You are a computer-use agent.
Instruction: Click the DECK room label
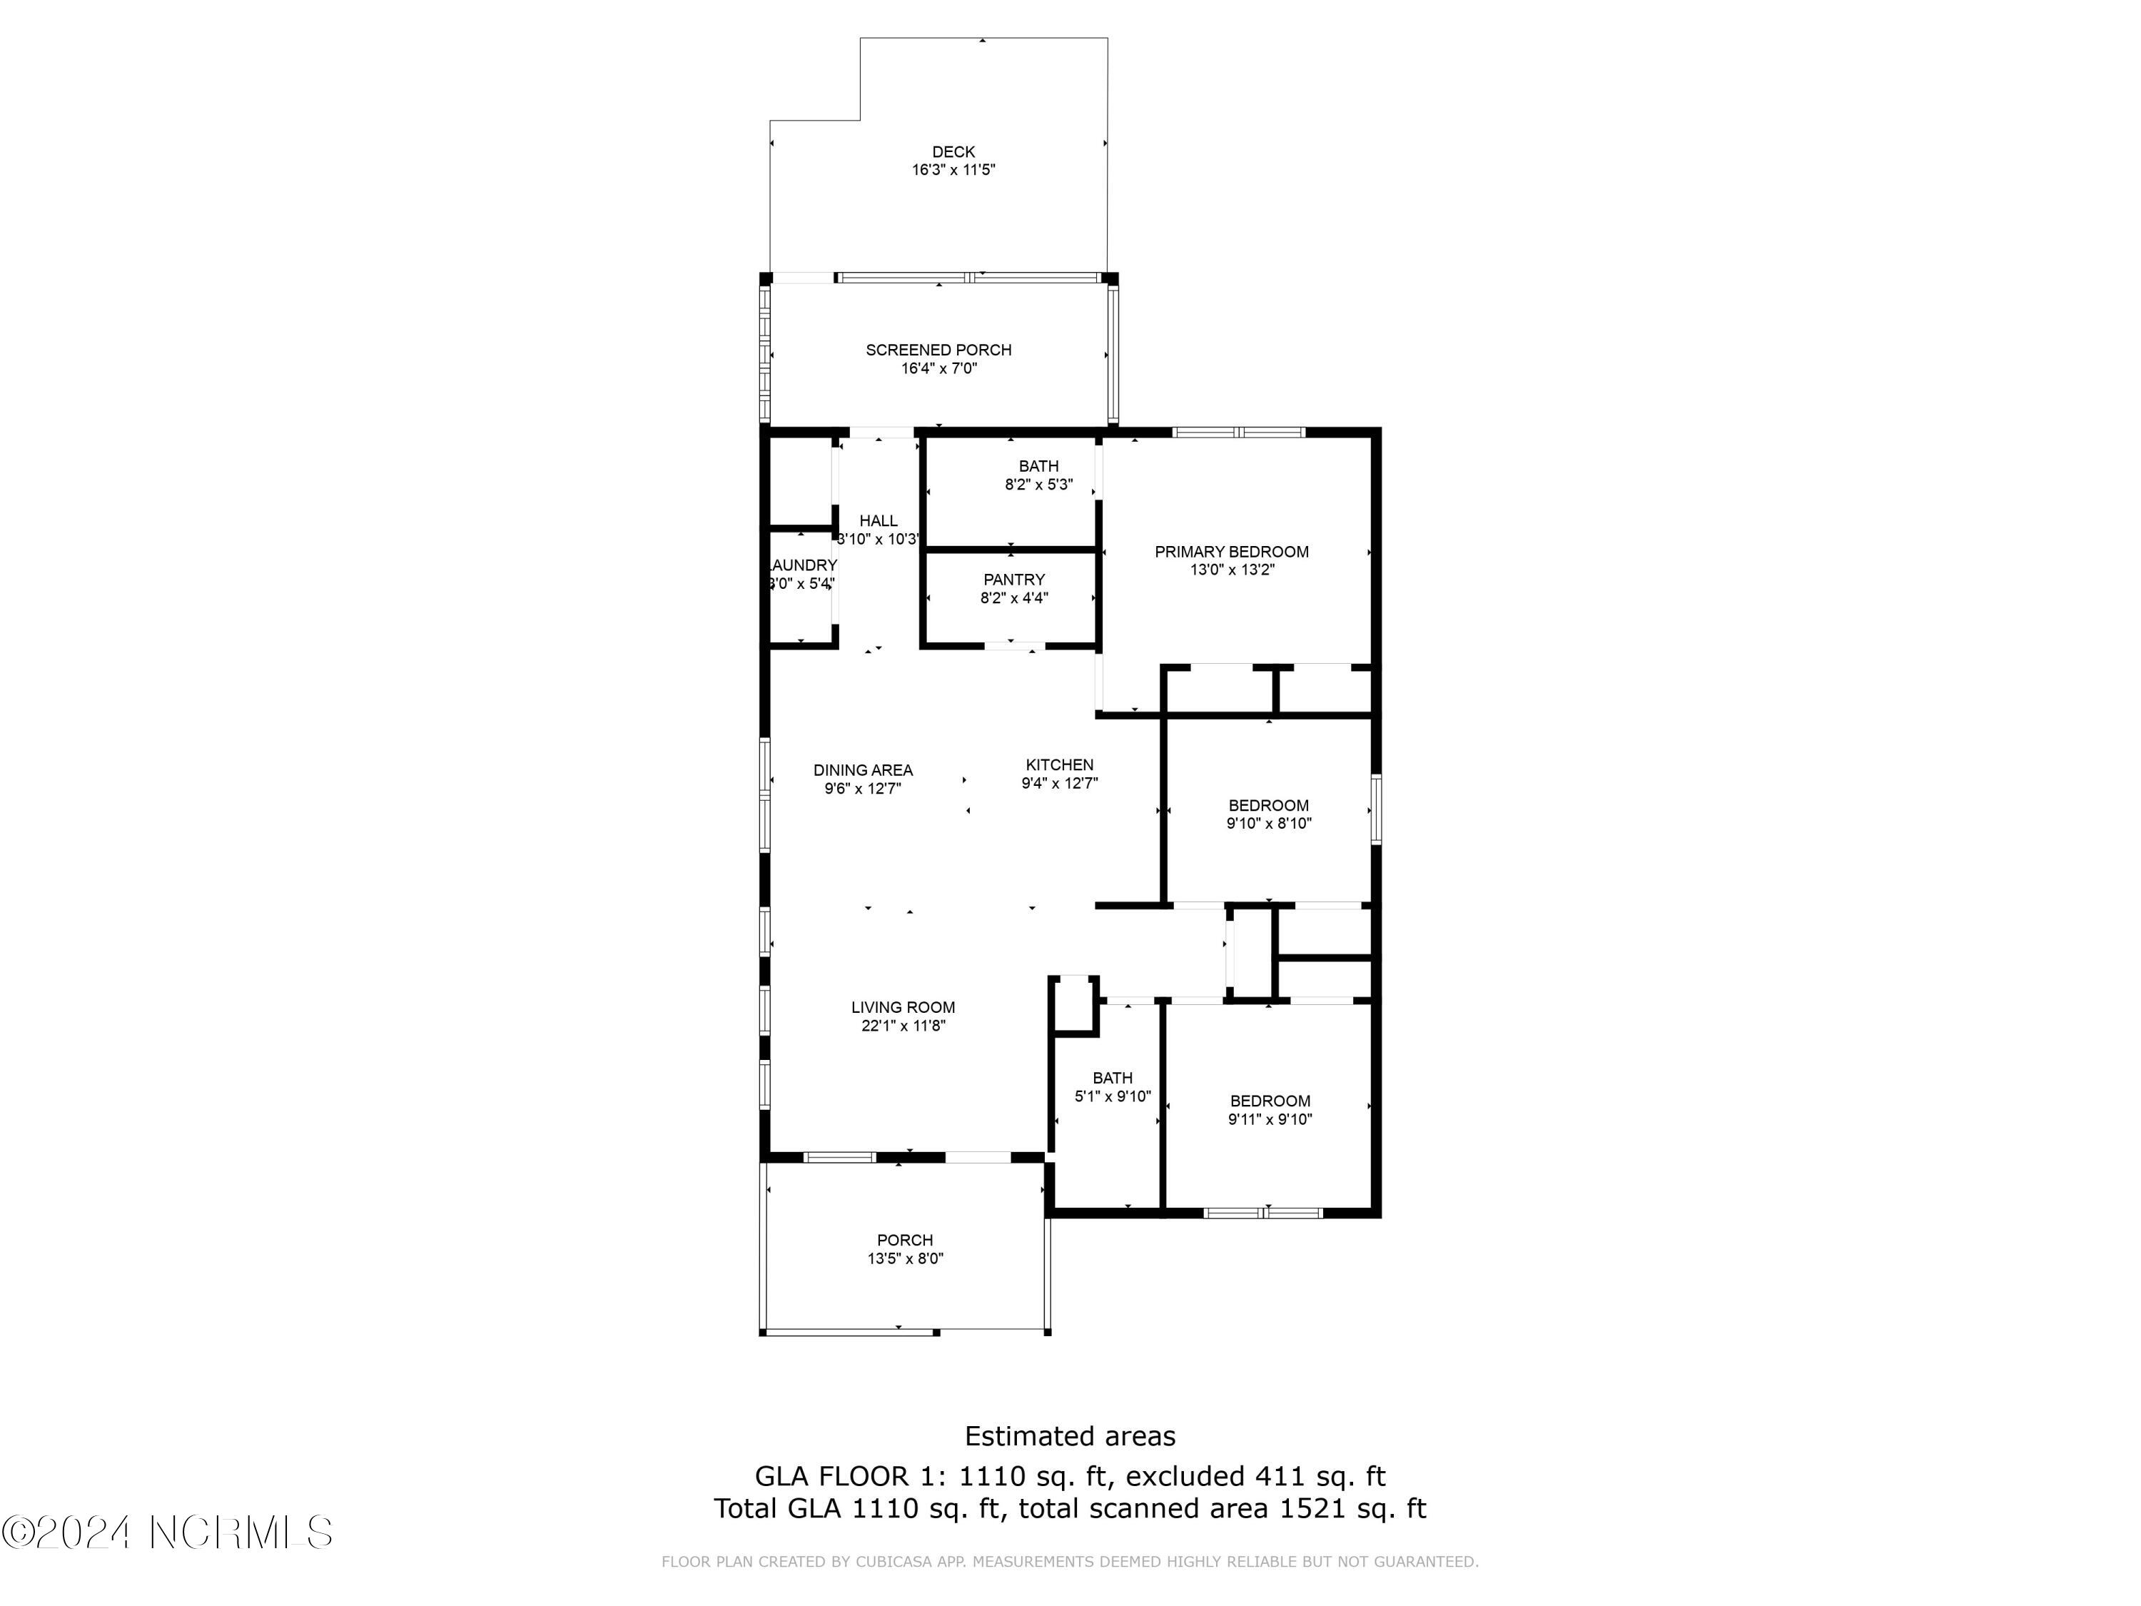[x=953, y=152]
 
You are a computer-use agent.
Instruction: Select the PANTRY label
[x=1013, y=580]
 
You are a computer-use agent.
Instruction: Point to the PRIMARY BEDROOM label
[x=1231, y=552]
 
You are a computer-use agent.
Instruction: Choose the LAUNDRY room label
[x=801, y=565]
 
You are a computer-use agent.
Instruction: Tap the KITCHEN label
[x=1059, y=764]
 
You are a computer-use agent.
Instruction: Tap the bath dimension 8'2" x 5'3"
[x=1038, y=485]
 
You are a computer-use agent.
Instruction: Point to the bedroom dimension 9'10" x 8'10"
[x=1268, y=824]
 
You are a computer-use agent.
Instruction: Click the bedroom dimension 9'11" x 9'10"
[x=1270, y=1120]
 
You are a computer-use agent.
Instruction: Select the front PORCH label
[x=904, y=1240]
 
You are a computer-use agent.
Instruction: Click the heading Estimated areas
[x=1070, y=1435]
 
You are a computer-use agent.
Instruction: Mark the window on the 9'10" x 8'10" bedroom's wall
[x=1375, y=809]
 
